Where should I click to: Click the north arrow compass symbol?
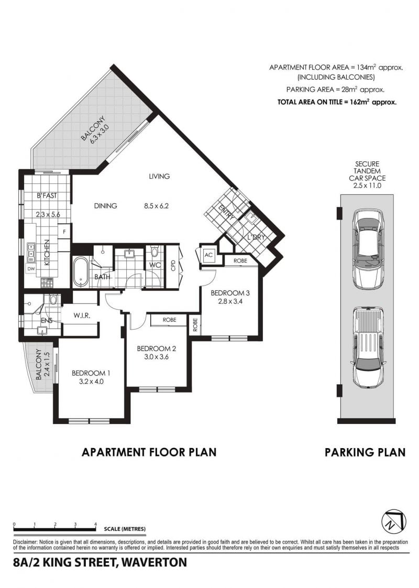tap(394, 522)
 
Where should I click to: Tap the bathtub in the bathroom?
tap(80, 272)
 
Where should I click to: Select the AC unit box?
tap(209, 255)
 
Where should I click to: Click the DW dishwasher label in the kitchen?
tap(31, 269)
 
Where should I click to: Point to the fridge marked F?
tap(64, 232)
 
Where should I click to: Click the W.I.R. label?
tap(82, 315)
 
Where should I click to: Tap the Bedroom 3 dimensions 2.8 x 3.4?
tap(230, 301)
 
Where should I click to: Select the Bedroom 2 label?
tap(156, 349)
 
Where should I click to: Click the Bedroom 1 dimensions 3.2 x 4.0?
tap(91, 382)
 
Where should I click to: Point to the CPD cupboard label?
tap(173, 266)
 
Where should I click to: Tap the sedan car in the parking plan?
tap(368, 249)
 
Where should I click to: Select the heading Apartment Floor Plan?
tap(149, 452)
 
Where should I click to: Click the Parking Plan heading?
tap(365, 452)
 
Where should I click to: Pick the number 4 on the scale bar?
tap(95, 524)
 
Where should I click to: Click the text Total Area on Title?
tap(310, 102)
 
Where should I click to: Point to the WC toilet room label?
tap(155, 265)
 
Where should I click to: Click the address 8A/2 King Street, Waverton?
tap(100, 562)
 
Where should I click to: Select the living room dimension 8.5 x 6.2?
tap(156, 206)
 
